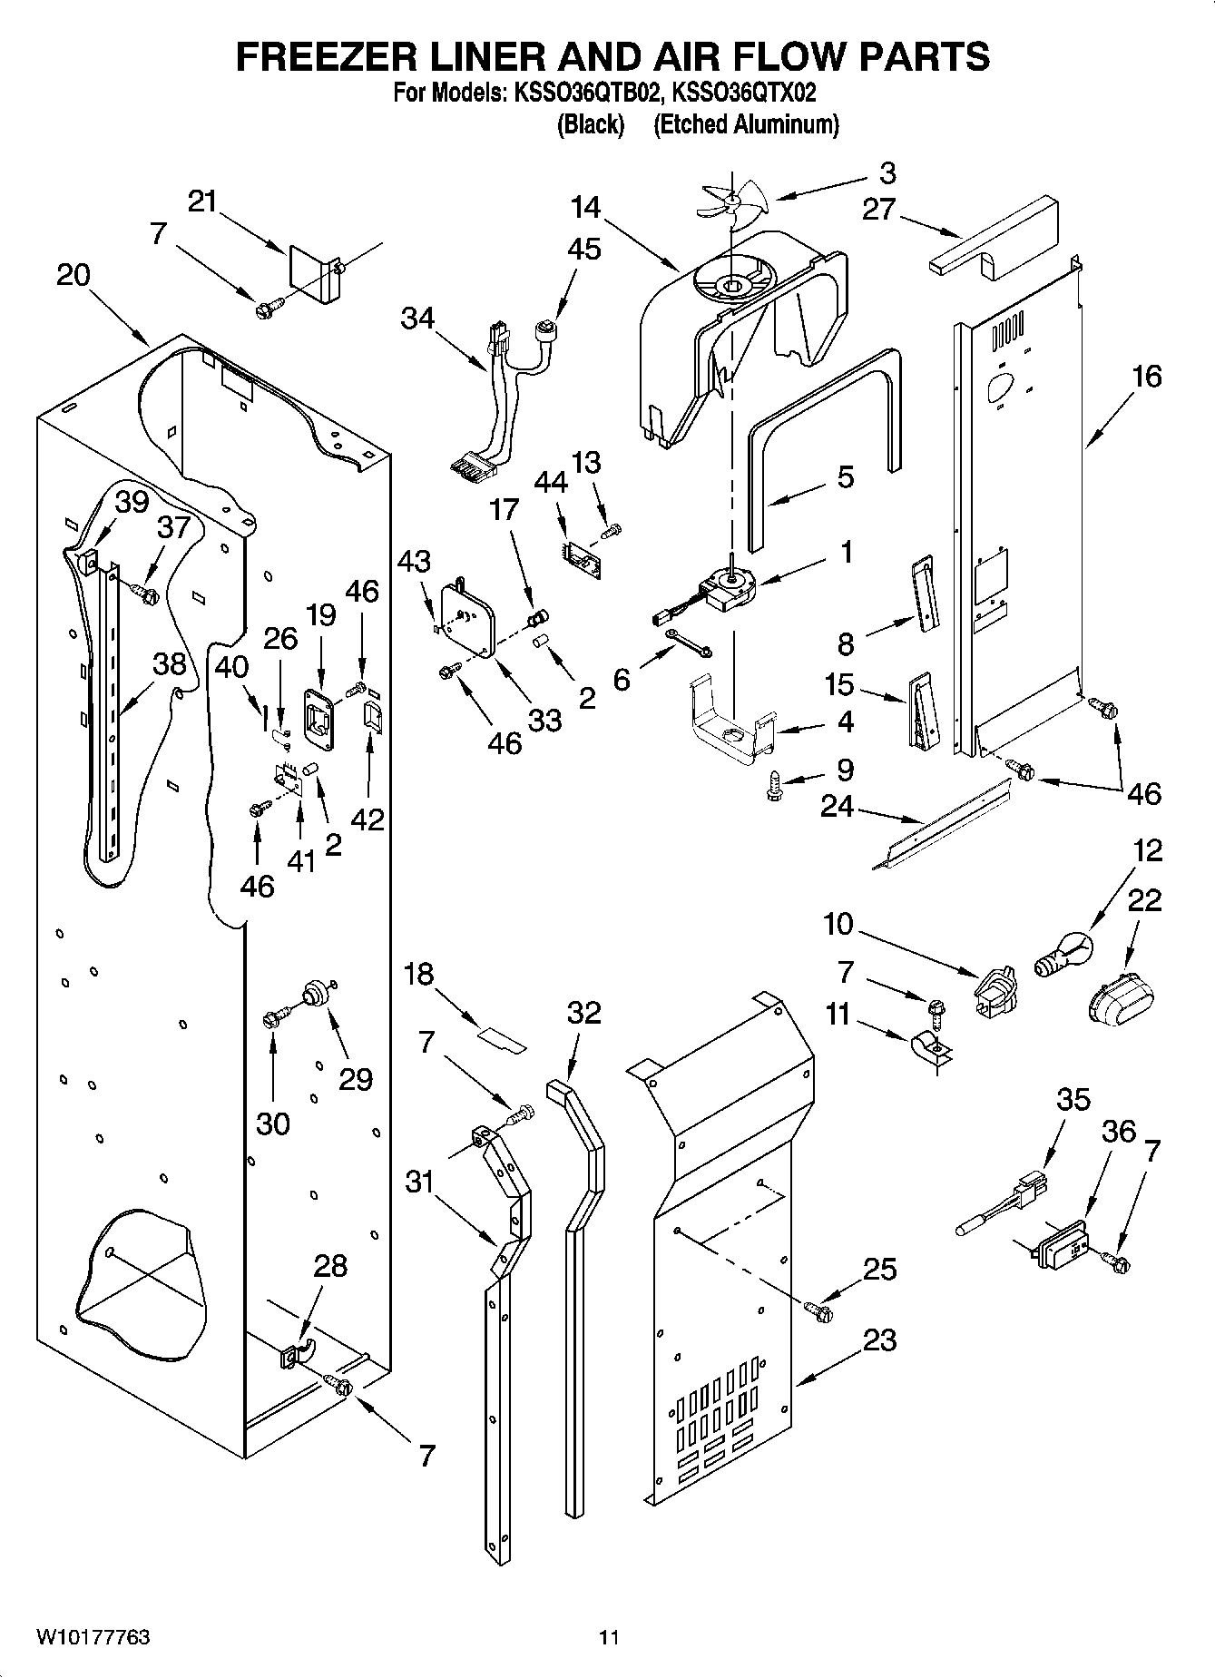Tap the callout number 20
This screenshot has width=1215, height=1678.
pos(73,275)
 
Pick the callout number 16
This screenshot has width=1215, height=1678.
pos(1147,376)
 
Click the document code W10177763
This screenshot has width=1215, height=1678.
pos(93,1637)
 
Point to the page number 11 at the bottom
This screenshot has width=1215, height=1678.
pos(609,1637)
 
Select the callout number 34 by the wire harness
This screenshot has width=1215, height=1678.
pos(417,319)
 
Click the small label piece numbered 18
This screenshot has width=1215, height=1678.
pos(503,1038)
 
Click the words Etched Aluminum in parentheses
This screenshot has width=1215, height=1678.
pos(746,125)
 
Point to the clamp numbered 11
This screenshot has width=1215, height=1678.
pos(927,1050)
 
